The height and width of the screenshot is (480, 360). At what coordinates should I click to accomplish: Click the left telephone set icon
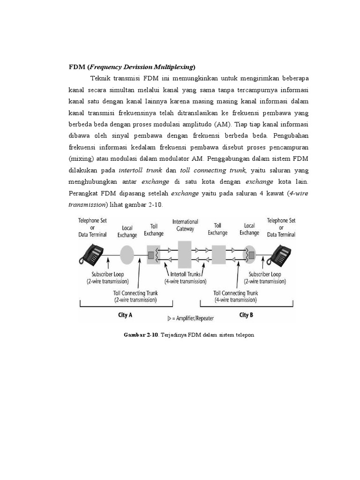(x=91, y=255)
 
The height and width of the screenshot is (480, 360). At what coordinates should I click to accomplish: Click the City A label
(x=125, y=315)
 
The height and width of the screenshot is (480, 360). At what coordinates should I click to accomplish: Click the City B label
(x=246, y=315)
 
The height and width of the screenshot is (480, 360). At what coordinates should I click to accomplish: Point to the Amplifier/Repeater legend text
(x=193, y=318)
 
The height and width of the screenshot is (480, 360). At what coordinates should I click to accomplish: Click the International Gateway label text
(x=185, y=225)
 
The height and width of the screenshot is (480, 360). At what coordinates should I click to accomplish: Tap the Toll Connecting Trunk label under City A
(x=135, y=296)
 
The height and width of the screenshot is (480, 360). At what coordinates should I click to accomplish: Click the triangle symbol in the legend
(x=170, y=318)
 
